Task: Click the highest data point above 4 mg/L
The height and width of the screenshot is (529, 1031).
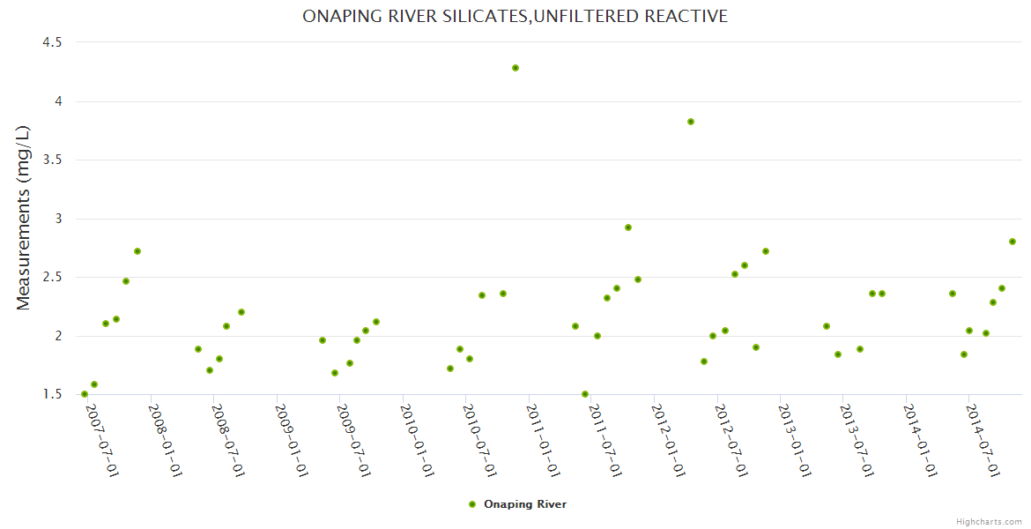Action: point(515,68)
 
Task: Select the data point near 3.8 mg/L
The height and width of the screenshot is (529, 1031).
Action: point(691,122)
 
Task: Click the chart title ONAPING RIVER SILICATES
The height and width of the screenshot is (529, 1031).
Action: point(515,16)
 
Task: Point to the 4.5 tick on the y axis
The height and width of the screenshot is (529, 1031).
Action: point(52,42)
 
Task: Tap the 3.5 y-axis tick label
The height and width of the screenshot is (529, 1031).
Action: point(52,160)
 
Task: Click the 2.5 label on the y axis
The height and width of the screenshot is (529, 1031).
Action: point(52,277)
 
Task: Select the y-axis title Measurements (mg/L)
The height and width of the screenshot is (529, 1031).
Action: point(24,218)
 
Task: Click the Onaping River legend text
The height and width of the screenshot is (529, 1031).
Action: point(525,504)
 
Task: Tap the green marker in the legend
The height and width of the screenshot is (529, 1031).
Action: point(472,504)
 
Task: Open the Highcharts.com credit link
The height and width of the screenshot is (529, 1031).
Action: point(989,521)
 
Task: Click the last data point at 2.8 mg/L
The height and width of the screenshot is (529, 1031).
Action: point(1012,242)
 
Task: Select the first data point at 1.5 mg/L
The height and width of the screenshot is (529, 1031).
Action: point(85,394)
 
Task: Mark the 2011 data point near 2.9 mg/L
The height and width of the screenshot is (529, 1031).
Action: point(628,227)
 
